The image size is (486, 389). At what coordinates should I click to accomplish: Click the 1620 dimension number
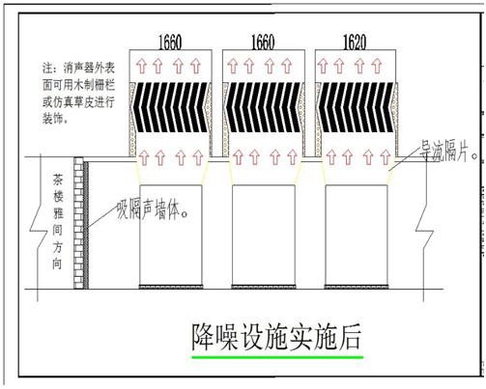355,42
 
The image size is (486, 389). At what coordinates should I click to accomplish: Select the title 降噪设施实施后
276,337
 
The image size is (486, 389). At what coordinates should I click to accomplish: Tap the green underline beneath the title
277,357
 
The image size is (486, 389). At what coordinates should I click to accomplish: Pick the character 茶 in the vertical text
58,181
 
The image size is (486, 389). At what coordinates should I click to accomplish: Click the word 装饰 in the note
52,119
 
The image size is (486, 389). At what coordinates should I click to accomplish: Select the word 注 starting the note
47,68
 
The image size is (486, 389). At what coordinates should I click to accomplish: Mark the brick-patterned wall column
78,223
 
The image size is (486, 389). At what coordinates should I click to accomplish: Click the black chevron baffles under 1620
356,107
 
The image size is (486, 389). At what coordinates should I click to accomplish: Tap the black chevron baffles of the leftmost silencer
170,107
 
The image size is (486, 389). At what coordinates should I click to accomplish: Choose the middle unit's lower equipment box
264,236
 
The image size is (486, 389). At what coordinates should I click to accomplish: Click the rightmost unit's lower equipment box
357,236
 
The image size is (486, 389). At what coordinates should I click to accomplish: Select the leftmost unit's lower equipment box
171,236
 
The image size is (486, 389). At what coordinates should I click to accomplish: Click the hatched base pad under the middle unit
264,287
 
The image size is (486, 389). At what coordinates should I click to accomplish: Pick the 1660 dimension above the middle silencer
263,42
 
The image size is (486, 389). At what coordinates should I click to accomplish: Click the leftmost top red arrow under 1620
322,67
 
